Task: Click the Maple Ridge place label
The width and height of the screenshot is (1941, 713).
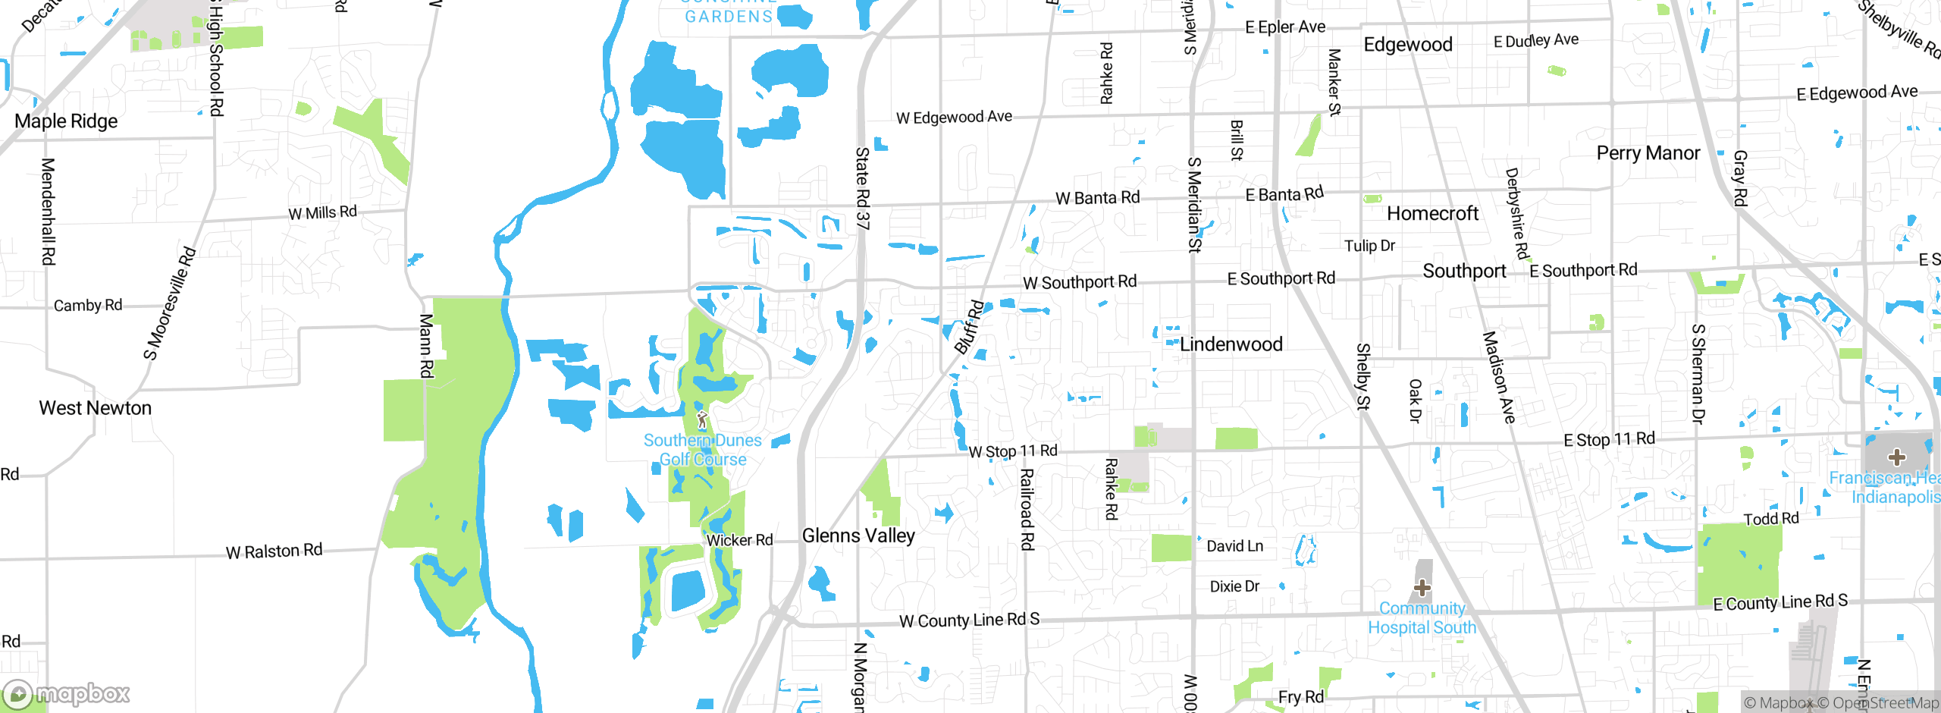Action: (66, 121)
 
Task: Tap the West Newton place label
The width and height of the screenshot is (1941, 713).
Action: (96, 408)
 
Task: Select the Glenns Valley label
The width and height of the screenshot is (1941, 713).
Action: (858, 536)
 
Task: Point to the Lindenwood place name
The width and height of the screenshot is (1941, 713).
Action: (1231, 344)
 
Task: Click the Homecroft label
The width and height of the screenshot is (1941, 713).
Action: (1432, 214)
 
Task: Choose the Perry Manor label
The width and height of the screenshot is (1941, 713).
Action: (1648, 153)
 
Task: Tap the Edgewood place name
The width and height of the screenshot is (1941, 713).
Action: (1408, 45)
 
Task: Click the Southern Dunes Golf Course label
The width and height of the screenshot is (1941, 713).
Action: (702, 450)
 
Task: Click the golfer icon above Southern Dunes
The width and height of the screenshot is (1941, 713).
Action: (702, 419)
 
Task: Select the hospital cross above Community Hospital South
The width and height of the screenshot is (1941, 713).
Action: (1422, 588)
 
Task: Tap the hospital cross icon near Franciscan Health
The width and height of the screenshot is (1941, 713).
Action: (1897, 457)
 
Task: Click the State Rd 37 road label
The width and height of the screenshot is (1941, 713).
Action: (863, 188)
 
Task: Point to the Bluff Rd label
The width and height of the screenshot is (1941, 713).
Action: (969, 328)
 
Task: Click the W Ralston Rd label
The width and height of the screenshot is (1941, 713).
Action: (274, 551)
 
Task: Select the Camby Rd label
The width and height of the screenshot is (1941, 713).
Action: (88, 305)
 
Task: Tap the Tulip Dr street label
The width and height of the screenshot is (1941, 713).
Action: (1369, 246)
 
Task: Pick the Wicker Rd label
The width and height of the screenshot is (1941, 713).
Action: (739, 540)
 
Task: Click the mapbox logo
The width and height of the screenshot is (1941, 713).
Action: (67, 693)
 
